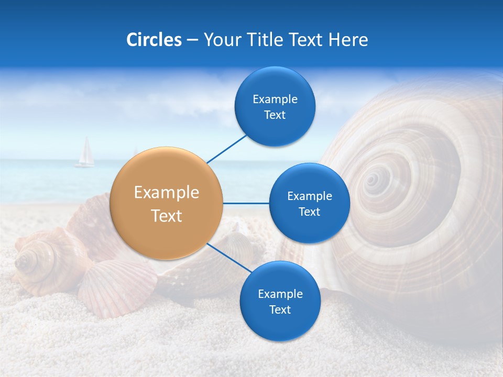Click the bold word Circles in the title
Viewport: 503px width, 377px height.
(154, 40)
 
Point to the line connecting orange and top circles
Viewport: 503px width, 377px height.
(227, 149)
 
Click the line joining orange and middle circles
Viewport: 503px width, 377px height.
(246, 203)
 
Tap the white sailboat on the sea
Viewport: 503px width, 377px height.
(85, 153)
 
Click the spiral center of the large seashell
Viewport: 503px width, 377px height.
(373, 180)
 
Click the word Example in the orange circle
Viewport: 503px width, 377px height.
(167, 193)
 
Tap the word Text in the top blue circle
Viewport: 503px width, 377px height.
(275, 115)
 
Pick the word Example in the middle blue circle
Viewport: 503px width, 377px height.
(310, 196)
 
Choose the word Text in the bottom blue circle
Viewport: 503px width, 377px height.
(280, 310)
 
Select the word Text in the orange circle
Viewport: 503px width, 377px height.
(167, 216)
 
